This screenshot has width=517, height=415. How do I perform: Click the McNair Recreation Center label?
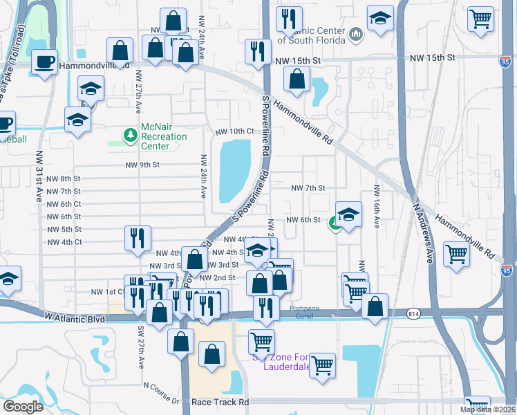tap(164, 136)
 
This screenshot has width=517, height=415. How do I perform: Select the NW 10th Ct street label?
tap(234, 131)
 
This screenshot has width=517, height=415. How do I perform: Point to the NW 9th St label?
tap(143, 165)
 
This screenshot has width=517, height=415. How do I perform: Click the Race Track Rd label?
tap(221, 402)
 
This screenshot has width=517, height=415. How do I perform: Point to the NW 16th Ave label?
tap(377, 207)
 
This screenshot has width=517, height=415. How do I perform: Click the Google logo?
tap(23, 407)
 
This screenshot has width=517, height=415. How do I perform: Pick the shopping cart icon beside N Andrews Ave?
tap(457, 254)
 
